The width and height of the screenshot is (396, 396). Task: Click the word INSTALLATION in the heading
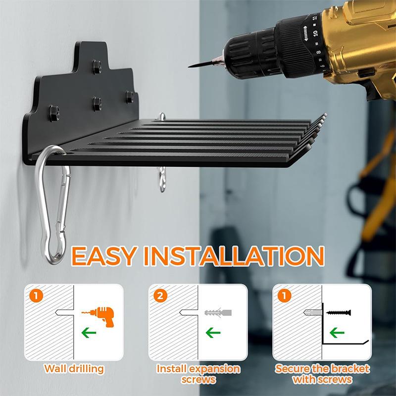coord(236,256)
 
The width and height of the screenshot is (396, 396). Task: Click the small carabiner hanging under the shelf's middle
coord(161,179)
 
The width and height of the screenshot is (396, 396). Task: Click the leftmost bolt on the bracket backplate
coord(52,109)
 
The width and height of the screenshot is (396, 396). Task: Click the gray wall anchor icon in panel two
coord(218,313)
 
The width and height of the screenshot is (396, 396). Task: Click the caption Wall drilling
coord(74,369)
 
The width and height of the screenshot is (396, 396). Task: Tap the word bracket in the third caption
coord(352,369)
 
